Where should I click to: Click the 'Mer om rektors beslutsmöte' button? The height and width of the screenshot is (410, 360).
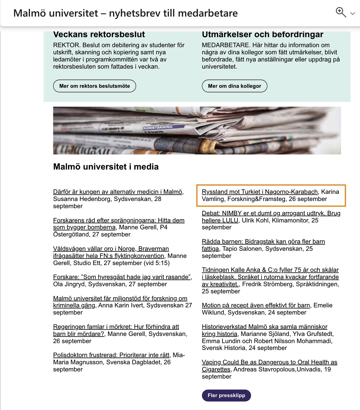(x=94, y=86)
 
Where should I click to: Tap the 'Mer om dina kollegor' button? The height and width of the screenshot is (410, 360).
(x=234, y=86)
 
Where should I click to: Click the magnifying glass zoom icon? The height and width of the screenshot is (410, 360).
(x=340, y=12)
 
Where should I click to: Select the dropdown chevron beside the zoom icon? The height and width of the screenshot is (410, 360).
(x=353, y=13)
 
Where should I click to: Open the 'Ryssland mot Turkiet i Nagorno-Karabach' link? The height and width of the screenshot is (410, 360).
(x=260, y=192)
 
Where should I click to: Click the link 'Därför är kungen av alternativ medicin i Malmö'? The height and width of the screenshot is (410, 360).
(x=118, y=192)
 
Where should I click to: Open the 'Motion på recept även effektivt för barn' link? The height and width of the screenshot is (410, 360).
(x=256, y=305)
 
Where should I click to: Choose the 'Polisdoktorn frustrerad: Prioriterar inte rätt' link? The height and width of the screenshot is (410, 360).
(x=111, y=355)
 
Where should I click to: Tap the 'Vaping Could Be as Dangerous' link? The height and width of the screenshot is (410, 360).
(x=269, y=362)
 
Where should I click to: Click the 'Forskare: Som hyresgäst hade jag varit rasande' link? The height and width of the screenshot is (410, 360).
(x=122, y=277)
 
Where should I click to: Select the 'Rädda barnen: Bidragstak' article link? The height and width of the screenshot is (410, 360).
(x=263, y=242)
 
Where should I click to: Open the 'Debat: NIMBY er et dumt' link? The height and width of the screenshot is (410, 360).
(x=271, y=213)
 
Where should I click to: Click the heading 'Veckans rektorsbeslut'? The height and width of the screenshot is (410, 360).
(x=99, y=35)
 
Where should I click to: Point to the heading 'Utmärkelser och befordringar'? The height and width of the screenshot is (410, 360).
(x=262, y=35)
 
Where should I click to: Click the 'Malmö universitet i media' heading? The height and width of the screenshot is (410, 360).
(x=106, y=167)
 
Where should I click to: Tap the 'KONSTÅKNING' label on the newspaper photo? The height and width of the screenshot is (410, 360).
(x=158, y=127)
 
